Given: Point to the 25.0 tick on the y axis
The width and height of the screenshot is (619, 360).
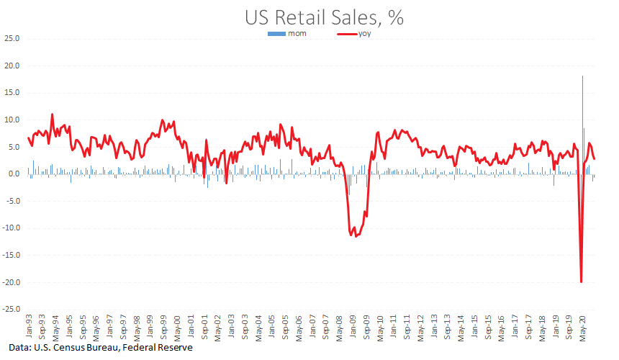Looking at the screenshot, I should click(11, 38).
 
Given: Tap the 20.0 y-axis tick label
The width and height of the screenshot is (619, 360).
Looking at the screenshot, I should click(11, 66).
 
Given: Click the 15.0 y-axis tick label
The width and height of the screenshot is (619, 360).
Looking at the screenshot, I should click(11, 93).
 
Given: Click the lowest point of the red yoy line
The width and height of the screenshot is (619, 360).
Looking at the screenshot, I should click(581, 282).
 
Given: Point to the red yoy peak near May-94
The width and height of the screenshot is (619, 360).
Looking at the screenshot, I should click(52, 114).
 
